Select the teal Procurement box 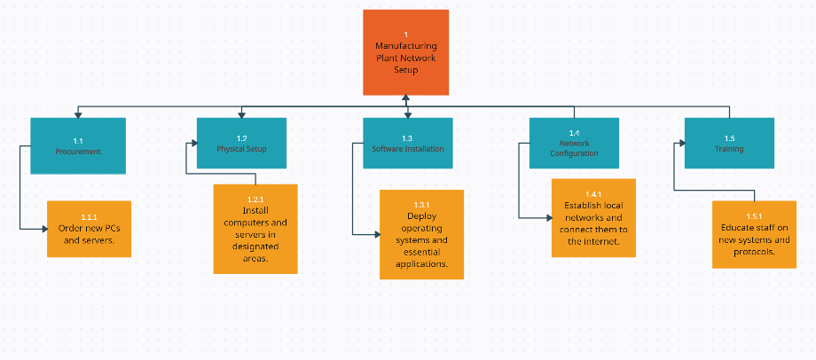(x=78, y=145)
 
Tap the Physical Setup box (x=241, y=144)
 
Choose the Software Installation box (x=407, y=144)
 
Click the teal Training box (x=729, y=144)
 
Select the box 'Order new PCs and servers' (x=89, y=229)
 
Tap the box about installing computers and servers (x=255, y=229)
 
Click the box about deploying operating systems (x=421, y=234)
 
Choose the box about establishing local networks (x=593, y=218)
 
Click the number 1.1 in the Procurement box (x=78, y=141)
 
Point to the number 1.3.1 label (x=422, y=205)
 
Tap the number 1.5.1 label (x=755, y=216)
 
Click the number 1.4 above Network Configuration (x=574, y=133)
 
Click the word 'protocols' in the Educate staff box (x=755, y=251)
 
